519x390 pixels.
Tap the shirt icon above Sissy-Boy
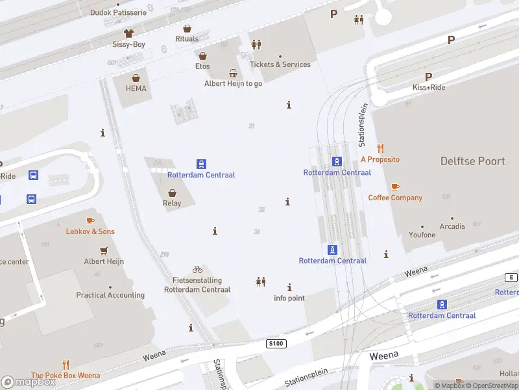point(128,33)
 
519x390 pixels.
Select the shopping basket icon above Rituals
point(187,29)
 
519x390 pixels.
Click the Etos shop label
point(202,66)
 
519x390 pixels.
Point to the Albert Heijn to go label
point(233,83)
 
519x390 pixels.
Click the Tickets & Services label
point(280,64)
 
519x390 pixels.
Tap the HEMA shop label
point(136,88)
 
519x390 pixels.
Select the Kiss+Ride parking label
point(429,87)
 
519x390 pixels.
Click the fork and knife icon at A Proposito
point(380,148)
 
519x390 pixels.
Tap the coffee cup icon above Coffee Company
point(395,187)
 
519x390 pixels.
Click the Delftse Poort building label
point(472,161)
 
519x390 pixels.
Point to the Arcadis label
point(452,226)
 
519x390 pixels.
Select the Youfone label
point(422,235)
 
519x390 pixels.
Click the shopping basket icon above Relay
point(172,192)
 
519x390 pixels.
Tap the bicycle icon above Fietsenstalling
point(197,269)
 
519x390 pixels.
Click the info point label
point(289,298)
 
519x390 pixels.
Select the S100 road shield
point(276,343)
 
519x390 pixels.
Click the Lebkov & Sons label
point(90,231)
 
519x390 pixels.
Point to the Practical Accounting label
point(110,295)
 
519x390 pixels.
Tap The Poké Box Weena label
point(66,375)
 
